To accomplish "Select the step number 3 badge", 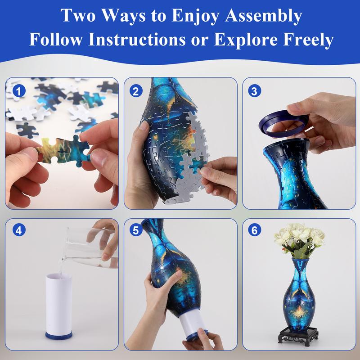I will [x=255, y=91].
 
